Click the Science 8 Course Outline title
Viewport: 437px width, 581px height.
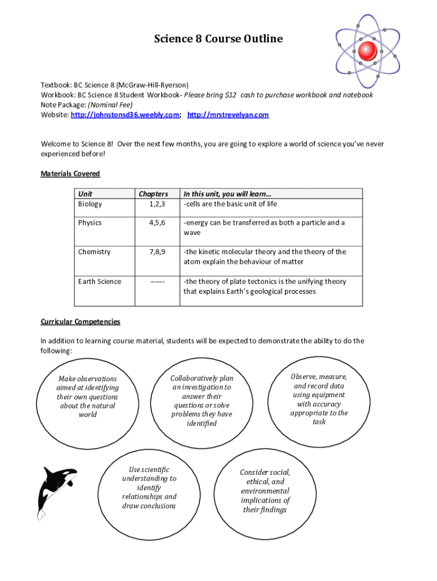218,39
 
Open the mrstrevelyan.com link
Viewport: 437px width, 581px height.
228,115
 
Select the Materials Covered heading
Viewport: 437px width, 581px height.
70,174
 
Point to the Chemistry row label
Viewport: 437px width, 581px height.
94,252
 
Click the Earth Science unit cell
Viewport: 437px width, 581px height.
99,282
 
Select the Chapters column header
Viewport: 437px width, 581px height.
153,194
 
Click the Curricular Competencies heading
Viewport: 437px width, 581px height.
81,322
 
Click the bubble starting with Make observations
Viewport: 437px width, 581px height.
87,397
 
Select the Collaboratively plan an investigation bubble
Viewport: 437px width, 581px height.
202,401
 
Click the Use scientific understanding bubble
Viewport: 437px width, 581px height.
149,487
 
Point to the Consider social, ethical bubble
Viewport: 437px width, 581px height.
265,491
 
